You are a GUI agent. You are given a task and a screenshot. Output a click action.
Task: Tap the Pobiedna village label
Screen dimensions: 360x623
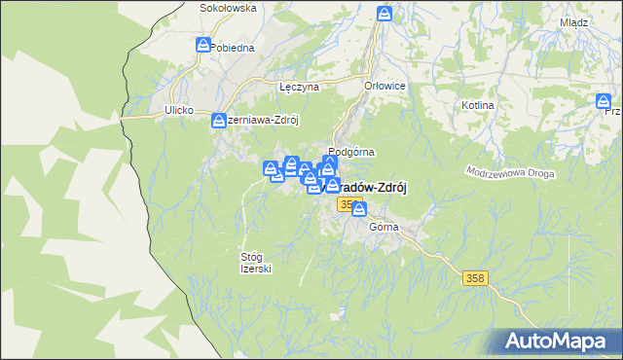click(232, 47)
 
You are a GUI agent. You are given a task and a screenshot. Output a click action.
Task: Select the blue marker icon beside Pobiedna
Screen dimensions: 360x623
click(202, 45)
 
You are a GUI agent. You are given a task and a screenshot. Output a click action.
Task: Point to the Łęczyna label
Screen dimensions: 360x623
click(299, 87)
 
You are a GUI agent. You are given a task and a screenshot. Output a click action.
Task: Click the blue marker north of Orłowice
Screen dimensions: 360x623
click(385, 14)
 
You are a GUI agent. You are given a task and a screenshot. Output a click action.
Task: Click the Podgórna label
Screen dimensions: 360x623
click(351, 152)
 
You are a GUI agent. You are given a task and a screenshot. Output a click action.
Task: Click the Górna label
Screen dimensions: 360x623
click(385, 227)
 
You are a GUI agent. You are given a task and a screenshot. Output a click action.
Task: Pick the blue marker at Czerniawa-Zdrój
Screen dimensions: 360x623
click(219, 121)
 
